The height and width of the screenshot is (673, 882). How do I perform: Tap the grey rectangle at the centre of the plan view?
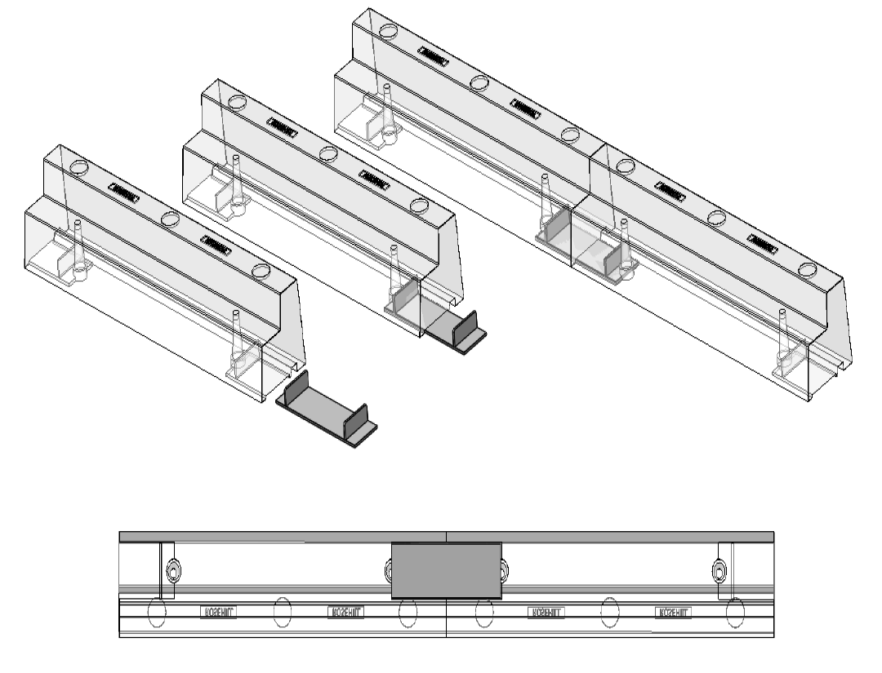(446, 569)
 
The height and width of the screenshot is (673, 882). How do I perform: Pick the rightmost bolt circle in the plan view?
(719, 569)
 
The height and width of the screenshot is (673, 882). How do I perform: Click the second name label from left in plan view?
(345, 611)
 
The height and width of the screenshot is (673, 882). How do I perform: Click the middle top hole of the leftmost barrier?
(171, 219)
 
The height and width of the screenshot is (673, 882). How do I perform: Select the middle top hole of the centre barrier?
(328, 153)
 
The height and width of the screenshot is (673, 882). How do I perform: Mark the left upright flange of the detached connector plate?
(295, 388)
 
